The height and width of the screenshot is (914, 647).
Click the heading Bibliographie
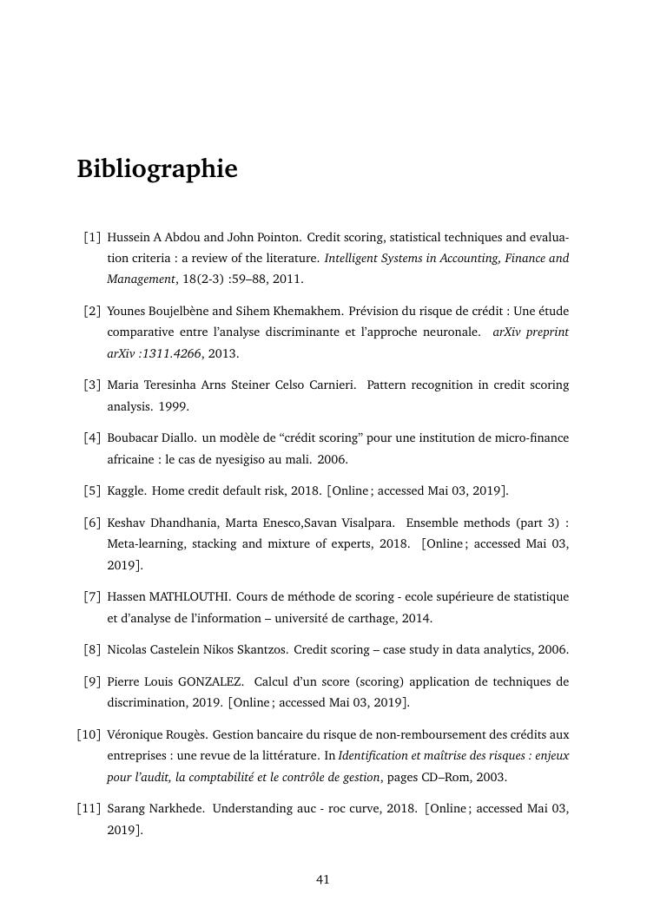(x=156, y=168)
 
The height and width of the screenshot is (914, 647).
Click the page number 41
(x=323, y=879)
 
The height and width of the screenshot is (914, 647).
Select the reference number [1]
(x=92, y=237)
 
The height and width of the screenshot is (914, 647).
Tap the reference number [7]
(x=92, y=597)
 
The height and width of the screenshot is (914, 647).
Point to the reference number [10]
(x=89, y=734)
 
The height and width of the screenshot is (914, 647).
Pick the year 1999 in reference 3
(x=173, y=406)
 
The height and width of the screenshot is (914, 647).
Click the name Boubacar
(x=133, y=438)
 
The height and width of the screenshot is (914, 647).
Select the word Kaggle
(x=126, y=491)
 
